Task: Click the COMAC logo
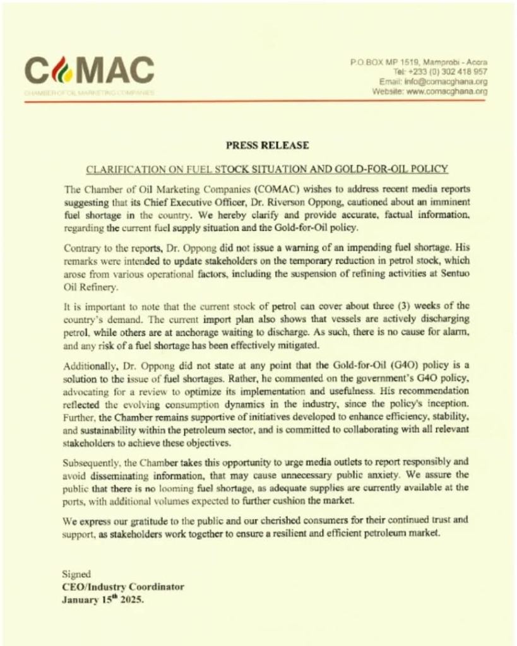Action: [89, 71]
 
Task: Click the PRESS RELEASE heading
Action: [268, 145]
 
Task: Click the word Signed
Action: [76, 574]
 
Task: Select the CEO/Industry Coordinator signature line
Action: [123, 587]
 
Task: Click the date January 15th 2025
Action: [103, 600]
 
